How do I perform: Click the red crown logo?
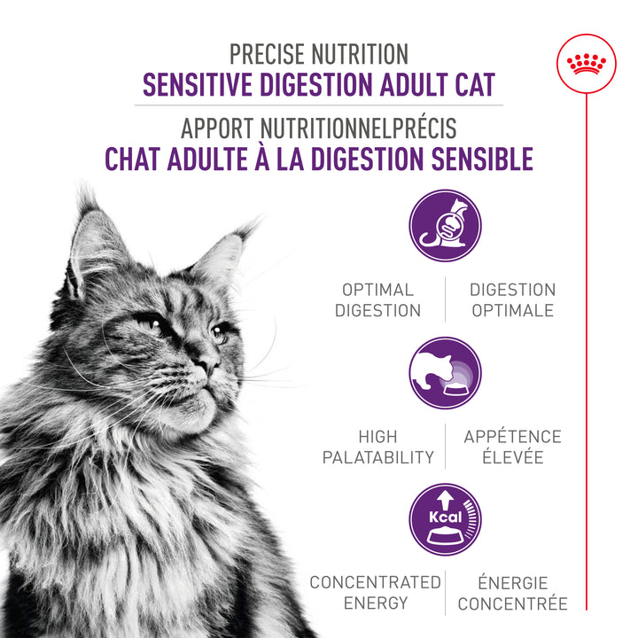[x=586, y=64]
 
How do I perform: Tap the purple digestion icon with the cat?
[x=445, y=226]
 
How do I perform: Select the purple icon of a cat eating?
[x=445, y=373]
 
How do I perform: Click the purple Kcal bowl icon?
[x=445, y=519]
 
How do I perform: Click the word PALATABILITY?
[x=378, y=458]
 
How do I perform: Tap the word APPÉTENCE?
[x=512, y=437]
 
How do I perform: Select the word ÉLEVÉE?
[x=512, y=458]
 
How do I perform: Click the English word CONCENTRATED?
[x=375, y=582]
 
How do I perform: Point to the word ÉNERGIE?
[x=512, y=582]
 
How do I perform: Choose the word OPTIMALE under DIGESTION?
[x=512, y=311]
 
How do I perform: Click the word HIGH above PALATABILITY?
[x=378, y=437]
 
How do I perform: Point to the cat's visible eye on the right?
[x=219, y=335]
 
